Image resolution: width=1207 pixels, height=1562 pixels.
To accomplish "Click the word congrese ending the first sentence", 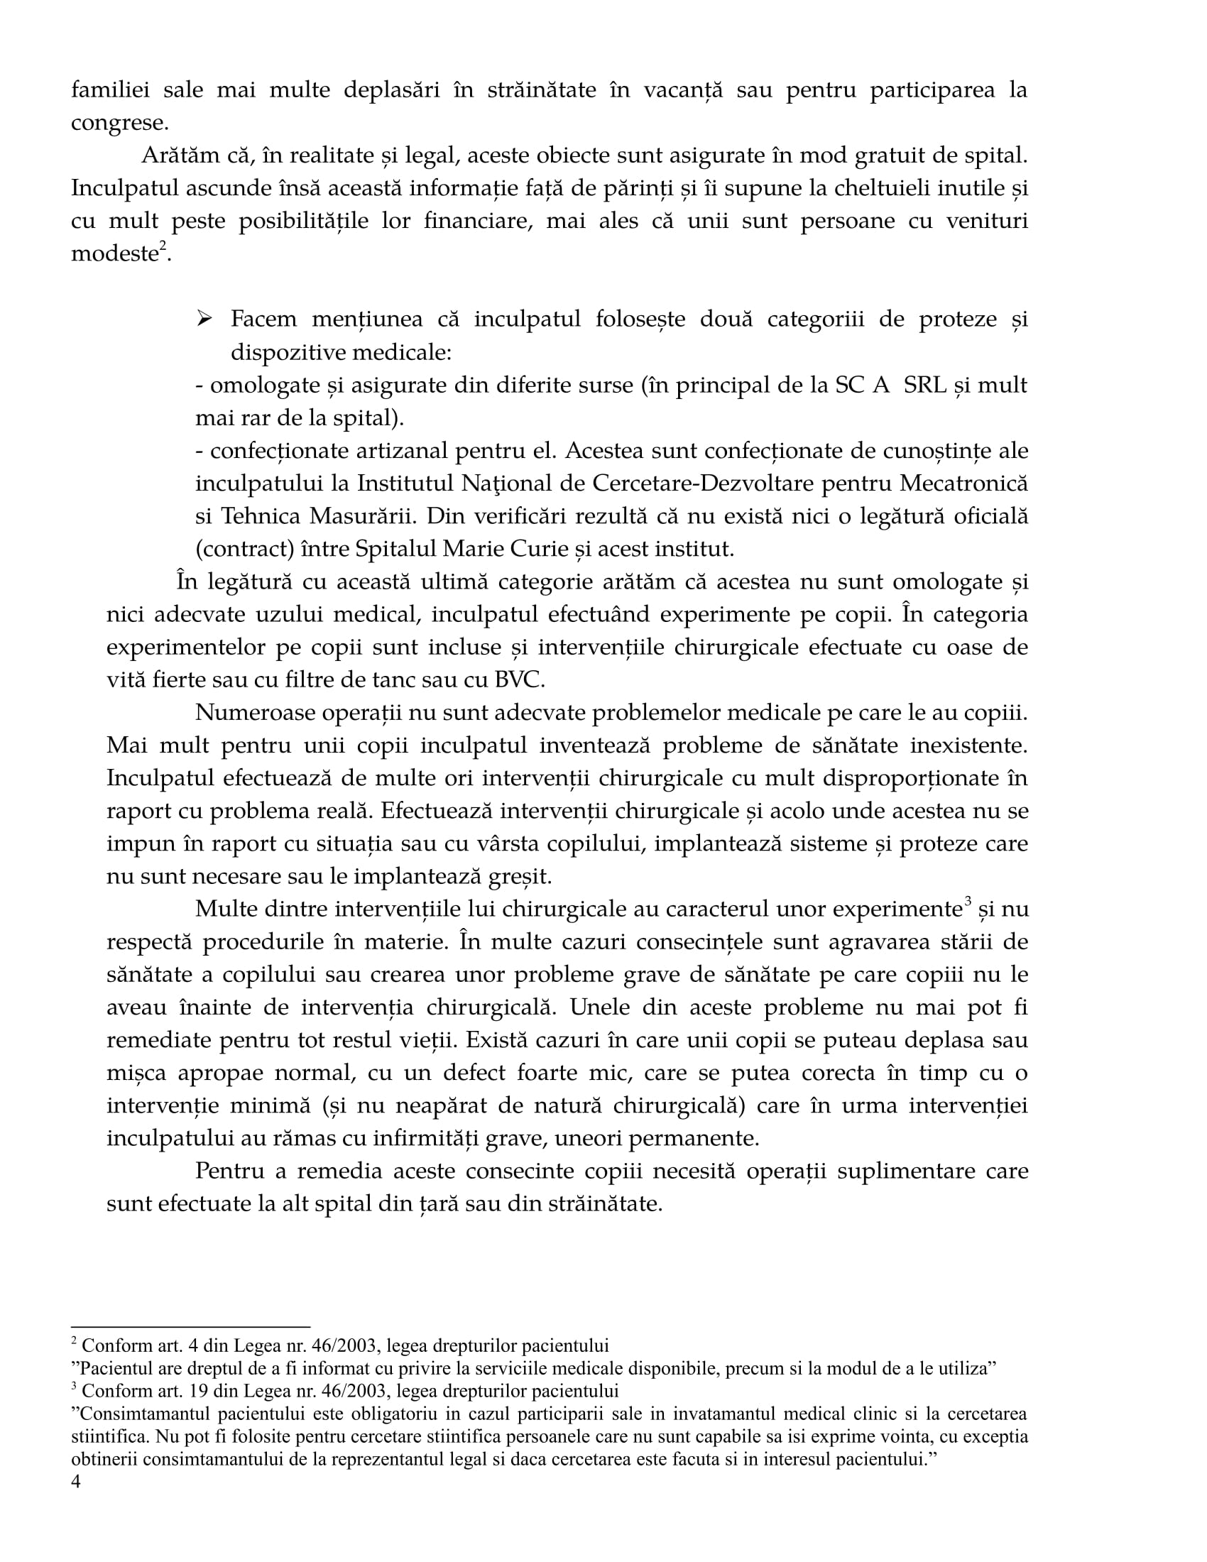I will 119,124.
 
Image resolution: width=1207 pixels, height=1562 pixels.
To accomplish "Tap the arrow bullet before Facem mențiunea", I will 204,319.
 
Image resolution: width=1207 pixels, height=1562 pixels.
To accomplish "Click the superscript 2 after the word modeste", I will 163,247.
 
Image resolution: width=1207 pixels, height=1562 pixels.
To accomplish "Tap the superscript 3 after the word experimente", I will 968,902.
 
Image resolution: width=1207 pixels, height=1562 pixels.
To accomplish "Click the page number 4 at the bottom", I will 77,1481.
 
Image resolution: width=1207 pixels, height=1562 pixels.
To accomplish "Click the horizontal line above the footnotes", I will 190,1327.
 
